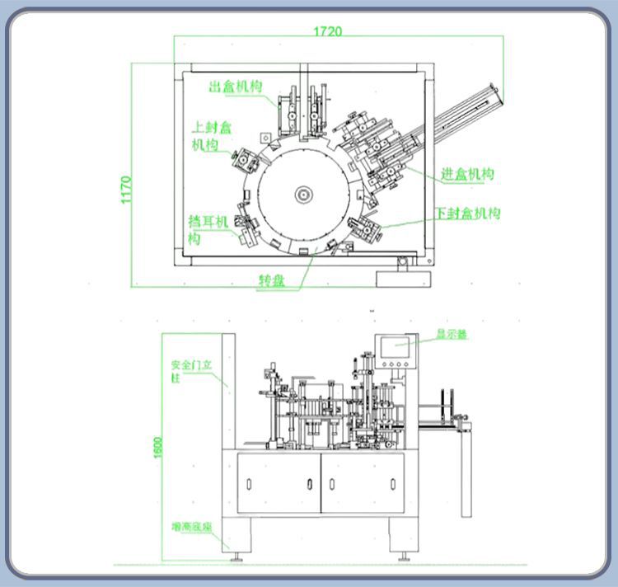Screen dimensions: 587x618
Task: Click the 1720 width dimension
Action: (x=327, y=31)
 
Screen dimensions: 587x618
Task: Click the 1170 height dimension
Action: (x=126, y=189)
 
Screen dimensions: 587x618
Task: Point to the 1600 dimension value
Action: (x=157, y=446)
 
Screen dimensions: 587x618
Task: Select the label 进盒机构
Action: (x=467, y=174)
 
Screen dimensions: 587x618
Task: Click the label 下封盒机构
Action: (x=468, y=214)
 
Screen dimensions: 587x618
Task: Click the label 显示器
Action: (x=452, y=335)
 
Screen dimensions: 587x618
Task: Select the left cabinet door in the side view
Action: (x=279, y=482)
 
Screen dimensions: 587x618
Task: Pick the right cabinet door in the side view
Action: (x=362, y=482)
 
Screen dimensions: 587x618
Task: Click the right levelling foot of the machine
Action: (x=404, y=557)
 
